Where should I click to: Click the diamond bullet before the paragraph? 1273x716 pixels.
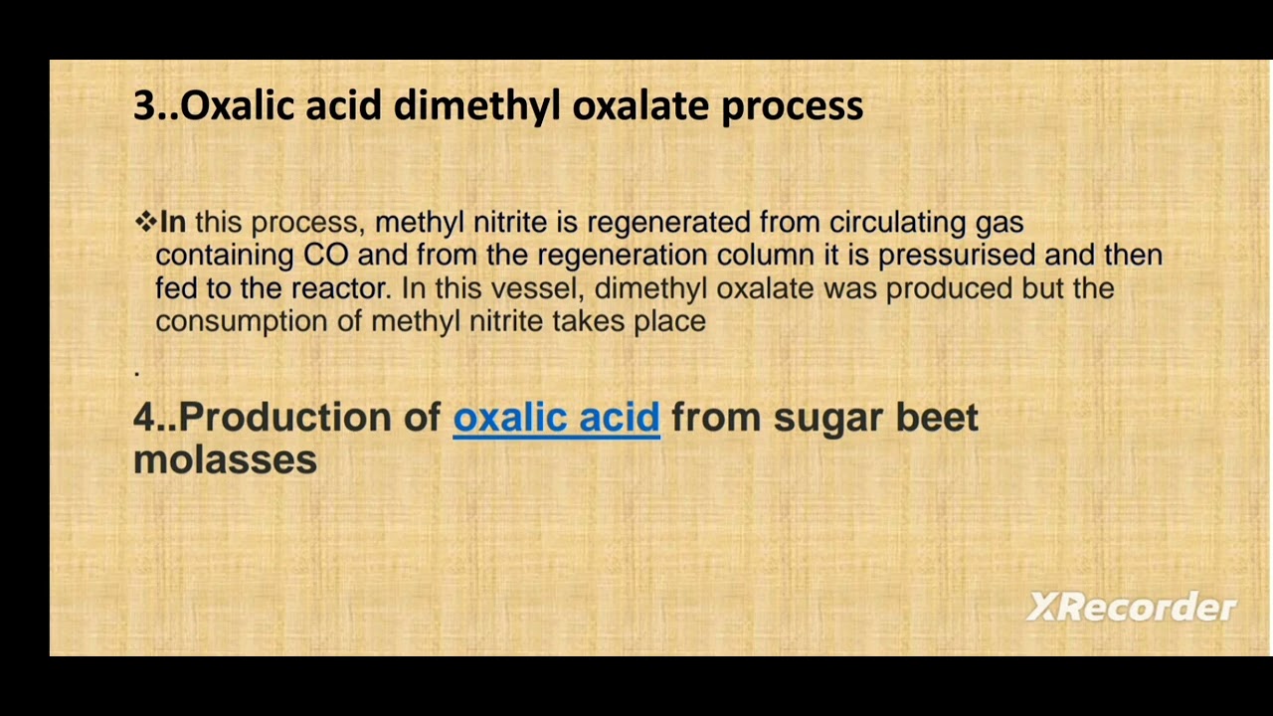[145, 221]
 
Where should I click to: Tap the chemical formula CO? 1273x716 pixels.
[325, 255]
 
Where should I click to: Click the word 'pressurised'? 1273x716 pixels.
[957, 255]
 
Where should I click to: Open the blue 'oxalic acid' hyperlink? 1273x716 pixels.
[556, 418]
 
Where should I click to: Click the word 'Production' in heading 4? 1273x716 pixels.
[285, 418]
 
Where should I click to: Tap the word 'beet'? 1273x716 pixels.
[937, 418]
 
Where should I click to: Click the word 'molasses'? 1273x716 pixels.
[225, 459]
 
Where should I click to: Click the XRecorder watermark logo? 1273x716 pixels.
[1131, 607]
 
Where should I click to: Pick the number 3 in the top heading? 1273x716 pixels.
[143, 105]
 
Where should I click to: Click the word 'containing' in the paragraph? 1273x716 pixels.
[224, 256]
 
